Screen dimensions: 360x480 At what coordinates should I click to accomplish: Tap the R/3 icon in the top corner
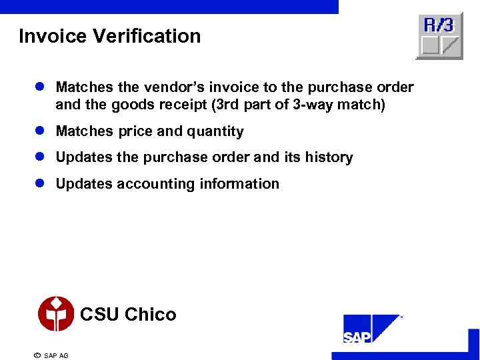coord(439,36)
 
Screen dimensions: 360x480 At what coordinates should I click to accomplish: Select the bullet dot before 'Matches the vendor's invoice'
coord(40,87)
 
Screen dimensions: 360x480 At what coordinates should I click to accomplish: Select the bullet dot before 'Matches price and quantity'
coord(40,131)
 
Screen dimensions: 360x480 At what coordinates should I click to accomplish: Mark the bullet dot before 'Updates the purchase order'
coord(40,157)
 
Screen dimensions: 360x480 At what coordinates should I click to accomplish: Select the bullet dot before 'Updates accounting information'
coord(40,183)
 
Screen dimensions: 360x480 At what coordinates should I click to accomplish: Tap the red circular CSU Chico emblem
coord(56,314)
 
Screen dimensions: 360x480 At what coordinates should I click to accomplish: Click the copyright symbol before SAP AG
coord(37,355)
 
